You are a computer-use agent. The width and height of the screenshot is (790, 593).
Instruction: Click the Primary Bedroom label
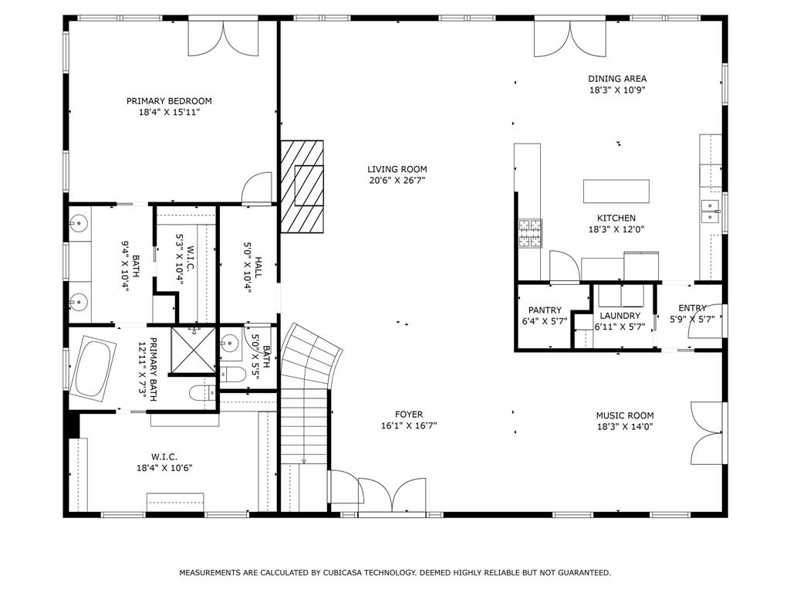pos(169,100)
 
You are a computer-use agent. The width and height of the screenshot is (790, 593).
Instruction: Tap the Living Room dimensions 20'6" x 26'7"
pos(397,180)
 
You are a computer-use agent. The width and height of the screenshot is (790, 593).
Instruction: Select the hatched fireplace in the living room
pos(302,186)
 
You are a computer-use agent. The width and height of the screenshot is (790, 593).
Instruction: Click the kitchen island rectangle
pos(616,190)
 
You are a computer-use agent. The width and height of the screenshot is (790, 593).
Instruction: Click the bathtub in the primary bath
pos(93,370)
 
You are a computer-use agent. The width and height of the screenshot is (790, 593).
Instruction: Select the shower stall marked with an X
pos(192,349)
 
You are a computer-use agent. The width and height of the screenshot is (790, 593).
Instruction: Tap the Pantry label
pos(545,310)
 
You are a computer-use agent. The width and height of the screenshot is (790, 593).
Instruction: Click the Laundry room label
pos(620,316)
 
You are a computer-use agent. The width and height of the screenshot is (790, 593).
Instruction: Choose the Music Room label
pos(624,415)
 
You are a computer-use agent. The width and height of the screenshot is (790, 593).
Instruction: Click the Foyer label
pos(408,415)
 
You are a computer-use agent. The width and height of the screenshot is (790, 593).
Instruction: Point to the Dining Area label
pos(617,78)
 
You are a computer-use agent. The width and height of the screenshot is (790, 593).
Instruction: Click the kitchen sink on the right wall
pos(709,211)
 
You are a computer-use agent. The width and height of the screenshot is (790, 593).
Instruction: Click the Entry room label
pos(692,308)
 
